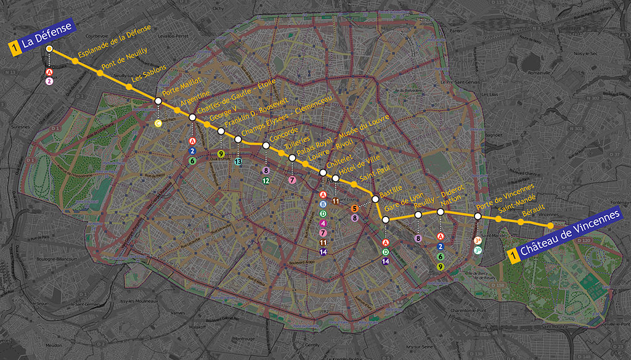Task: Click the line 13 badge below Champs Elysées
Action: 238,162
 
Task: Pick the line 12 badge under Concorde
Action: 266,181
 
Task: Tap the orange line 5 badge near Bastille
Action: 355,208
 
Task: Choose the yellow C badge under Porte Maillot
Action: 158,123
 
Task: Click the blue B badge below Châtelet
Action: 323,203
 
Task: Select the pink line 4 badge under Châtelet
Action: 323,223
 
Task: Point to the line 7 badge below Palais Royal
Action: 292,180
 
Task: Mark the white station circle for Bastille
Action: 375,199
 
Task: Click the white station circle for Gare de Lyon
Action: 385,220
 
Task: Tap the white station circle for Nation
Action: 441,212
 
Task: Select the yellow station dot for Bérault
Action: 521,222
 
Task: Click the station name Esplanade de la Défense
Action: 115,37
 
